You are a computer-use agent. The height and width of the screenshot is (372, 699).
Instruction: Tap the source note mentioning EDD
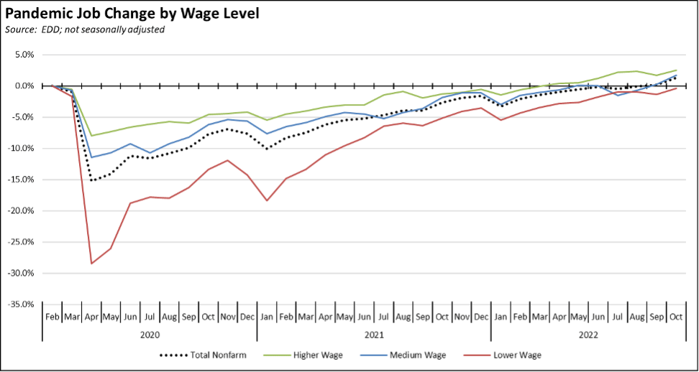click(85, 29)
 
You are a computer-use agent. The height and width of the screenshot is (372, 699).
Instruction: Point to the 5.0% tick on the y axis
click(24, 55)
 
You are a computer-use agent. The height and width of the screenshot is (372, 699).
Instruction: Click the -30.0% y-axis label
click(21, 273)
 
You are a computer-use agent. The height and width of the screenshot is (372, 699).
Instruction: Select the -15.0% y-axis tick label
click(21, 180)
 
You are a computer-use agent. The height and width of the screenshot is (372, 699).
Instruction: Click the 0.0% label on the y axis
click(24, 85)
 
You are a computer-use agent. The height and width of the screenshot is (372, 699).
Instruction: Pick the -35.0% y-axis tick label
click(21, 304)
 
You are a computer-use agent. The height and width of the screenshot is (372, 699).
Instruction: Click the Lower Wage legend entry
click(516, 355)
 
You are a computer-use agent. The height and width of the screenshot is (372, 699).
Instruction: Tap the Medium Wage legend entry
click(419, 355)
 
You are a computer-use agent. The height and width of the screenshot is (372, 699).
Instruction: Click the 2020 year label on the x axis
click(150, 335)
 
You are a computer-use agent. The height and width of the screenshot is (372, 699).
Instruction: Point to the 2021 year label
click(374, 335)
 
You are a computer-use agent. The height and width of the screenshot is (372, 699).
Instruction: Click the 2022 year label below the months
click(588, 335)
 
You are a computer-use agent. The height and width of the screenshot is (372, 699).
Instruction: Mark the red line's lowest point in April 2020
click(91, 264)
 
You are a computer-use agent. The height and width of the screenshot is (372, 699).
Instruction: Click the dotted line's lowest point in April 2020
click(91, 180)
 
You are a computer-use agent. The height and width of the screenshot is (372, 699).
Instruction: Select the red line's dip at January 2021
click(267, 200)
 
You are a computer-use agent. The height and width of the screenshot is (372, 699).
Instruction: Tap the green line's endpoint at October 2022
click(676, 70)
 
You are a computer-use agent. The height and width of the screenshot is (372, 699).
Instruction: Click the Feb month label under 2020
click(52, 317)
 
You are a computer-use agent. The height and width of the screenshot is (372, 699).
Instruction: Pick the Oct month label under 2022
click(676, 317)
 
